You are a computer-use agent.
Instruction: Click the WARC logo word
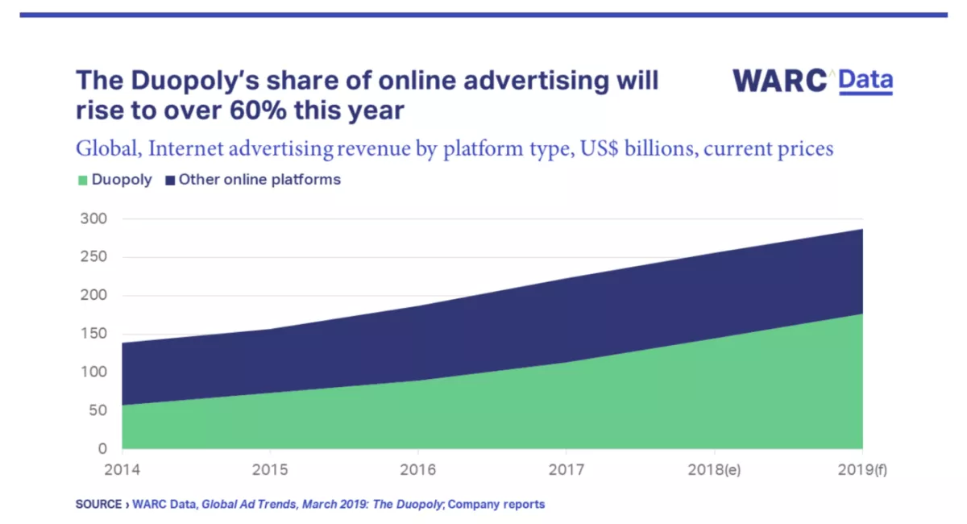(779, 81)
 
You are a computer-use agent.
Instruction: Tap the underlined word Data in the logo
(865, 81)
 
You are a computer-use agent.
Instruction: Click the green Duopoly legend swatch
(81, 180)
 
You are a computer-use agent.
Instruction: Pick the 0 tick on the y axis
(102, 449)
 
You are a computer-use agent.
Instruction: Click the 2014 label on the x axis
(122, 469)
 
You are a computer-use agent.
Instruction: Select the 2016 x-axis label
(417, 469)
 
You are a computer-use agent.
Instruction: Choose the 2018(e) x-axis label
(714, 469)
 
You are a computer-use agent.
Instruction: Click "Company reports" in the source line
(496, 505)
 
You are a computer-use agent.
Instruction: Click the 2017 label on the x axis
(566, 469)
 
